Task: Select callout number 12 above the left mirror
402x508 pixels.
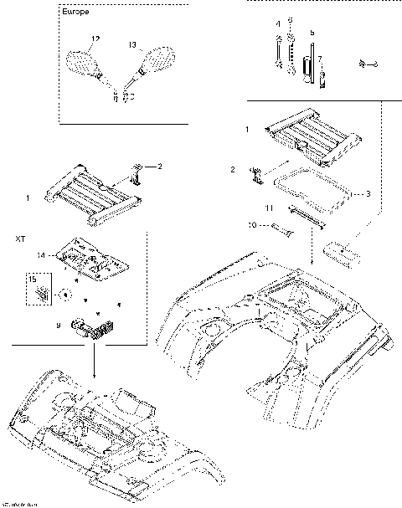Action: tap(95, 39)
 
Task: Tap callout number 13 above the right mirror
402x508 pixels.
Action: tap(131, 43)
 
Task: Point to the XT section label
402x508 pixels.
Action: tap(21, 239)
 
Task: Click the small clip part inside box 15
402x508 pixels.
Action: tap(42, 294)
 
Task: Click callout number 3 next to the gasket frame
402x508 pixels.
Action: tap(367, 193)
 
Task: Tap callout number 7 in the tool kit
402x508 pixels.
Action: tap(319, 61)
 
